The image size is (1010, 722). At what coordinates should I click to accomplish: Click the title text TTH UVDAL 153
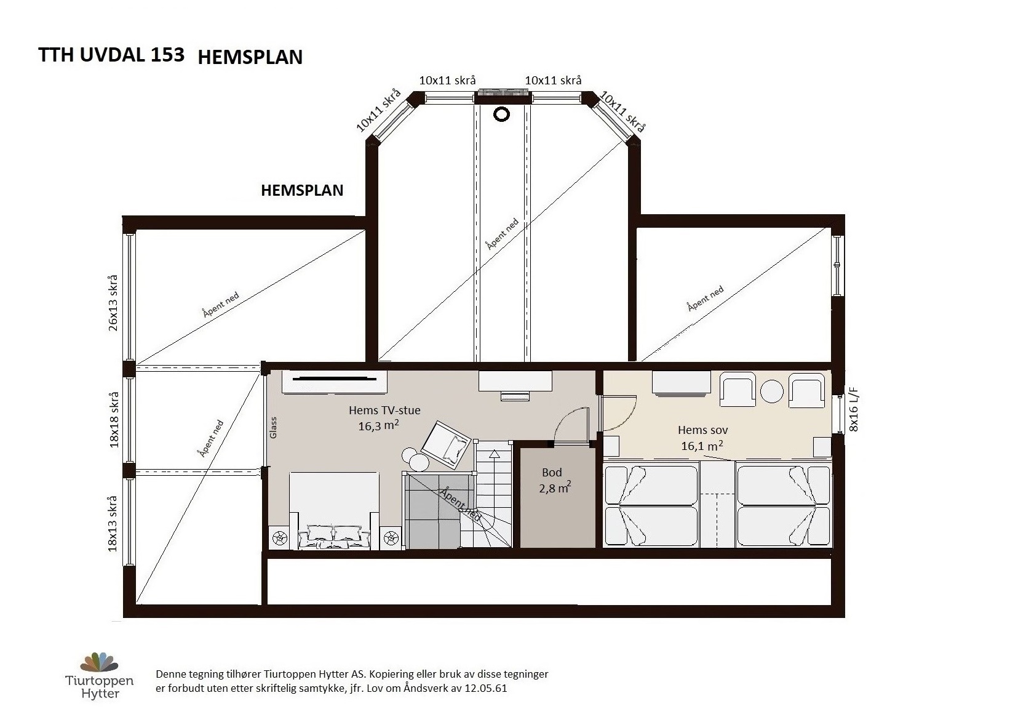coord(111,55)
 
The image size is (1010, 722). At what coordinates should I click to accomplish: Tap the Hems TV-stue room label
coord(384,410)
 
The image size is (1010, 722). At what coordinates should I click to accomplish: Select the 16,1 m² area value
coord(702,446)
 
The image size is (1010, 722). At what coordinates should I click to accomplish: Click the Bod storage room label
coord(552,472)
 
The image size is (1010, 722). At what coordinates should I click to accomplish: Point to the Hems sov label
coord(702,430)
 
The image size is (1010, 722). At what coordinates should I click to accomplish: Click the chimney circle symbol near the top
coord(501,114)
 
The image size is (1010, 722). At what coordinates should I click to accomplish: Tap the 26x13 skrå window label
coord(113,303)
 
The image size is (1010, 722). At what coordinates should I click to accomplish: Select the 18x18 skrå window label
coord(114,420)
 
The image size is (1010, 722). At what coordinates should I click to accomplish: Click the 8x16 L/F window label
coord(854,409)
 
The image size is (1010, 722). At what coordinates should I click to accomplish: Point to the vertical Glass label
coord(273,427)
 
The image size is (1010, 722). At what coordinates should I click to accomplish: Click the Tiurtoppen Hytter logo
coord(100,675)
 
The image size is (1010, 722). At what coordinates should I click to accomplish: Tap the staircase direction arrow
coord(495,478)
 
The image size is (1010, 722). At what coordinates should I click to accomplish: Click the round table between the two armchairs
coord(771,391)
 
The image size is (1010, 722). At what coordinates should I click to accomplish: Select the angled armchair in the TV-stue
coord(446,443)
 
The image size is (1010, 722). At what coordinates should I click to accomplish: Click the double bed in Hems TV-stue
coord(333,510)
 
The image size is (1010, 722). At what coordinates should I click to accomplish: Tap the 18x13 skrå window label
coord(113,523)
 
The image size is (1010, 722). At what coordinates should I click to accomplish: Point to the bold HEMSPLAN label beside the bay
coord(302,190)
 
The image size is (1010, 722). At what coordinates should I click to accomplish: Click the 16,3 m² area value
coord(379,425)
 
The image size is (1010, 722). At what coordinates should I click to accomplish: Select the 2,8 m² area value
coord(555,487)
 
